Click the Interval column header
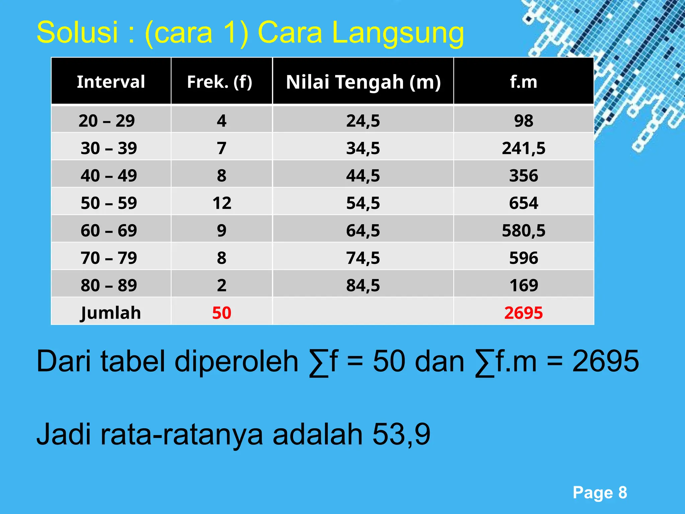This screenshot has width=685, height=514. coord(111,82)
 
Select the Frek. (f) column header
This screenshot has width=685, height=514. coord(220,82)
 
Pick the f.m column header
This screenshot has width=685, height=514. coord(523,82)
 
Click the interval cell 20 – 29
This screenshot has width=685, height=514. coord(107,121)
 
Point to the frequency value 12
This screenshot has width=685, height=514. coord(221,203)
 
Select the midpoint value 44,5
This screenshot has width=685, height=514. coord(363,176)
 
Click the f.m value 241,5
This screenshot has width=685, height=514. coord(523,148)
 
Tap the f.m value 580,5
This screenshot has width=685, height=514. coord(523,231)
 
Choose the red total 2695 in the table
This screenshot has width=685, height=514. coord(523,313)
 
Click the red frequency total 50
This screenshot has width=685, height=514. coord(221,313)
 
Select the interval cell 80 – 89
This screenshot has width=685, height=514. coord(109,285)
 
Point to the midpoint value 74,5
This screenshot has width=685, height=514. coord(363,258)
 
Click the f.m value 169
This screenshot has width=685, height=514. coord(523,285)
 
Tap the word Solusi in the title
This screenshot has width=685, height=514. coord(77,32)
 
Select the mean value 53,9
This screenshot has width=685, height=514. coord(401,434)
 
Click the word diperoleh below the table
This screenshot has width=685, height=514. coord(236,362)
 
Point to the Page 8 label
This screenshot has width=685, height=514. coord(600,493)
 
